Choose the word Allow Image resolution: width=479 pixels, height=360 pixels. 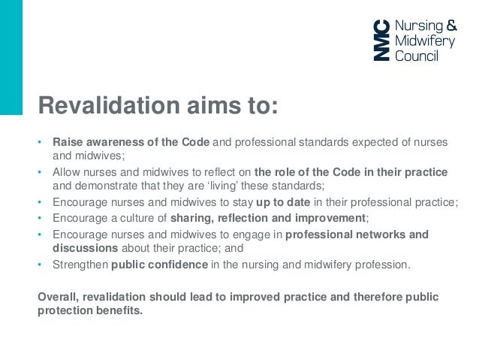(x=67, y=172)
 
